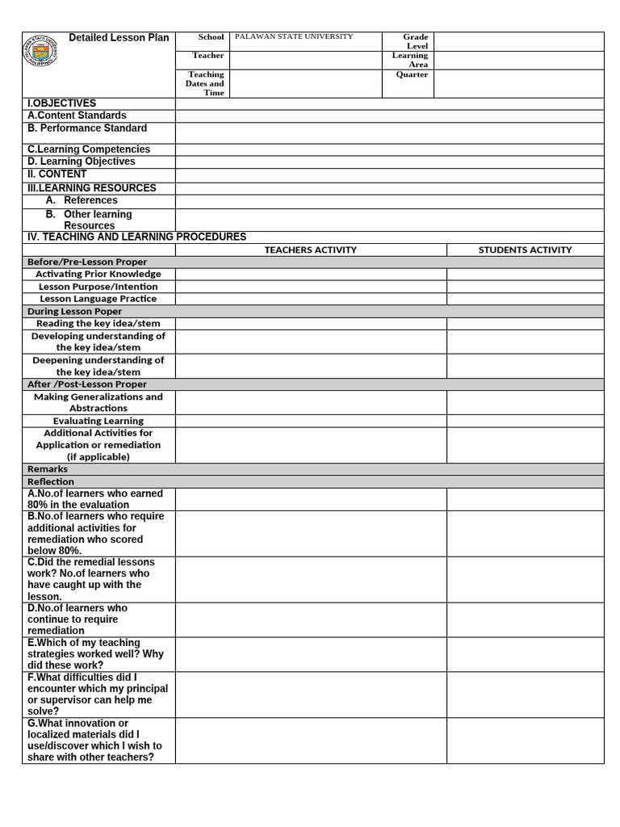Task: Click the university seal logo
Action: point(40,52)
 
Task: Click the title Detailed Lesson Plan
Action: point(119,38)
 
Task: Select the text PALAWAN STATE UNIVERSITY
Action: point(294,37)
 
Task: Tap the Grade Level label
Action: point(416,41)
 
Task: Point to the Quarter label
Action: point(412,74)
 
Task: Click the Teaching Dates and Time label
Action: point(205,83)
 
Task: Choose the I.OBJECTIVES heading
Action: point(61,103)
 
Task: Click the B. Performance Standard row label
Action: point(87,128)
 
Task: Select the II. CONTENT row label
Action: point(57,174)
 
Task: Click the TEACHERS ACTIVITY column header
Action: point(310,250)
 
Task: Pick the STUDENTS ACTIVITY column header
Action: point(525,250)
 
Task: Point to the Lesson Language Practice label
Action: point(98,299)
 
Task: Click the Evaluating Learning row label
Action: point(98,421)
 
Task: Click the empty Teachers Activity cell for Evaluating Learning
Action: point(311,421)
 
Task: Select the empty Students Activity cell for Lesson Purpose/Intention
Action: point(525,287)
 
